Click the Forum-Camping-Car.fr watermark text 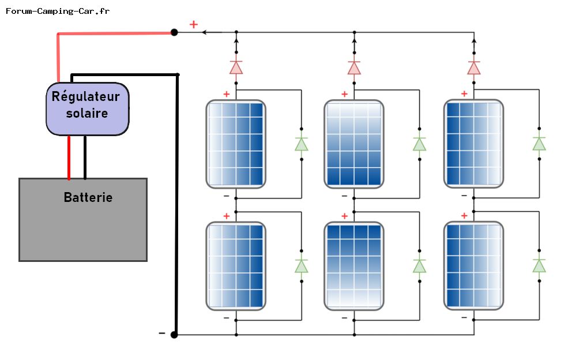point(57,11)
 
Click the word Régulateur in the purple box point(86,96)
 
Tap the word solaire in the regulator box point(87,113)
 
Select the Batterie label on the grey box point(88,198)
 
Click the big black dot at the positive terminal point(174,32)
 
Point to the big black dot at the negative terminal point(174,335)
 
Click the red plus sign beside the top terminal point(194,24)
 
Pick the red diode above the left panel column point(236,67)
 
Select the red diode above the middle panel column point(354,67)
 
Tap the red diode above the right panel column point(474,67)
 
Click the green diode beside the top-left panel point(302,144)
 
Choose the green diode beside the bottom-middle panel point(419,266)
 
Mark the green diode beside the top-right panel point(539,144)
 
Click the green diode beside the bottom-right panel point(539,266)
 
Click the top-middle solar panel point(354,144)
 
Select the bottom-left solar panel point(236,266)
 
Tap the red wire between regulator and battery point(69,157)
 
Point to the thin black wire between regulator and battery point(85,157)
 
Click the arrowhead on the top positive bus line point(204,32)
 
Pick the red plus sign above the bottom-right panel point(464,216)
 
